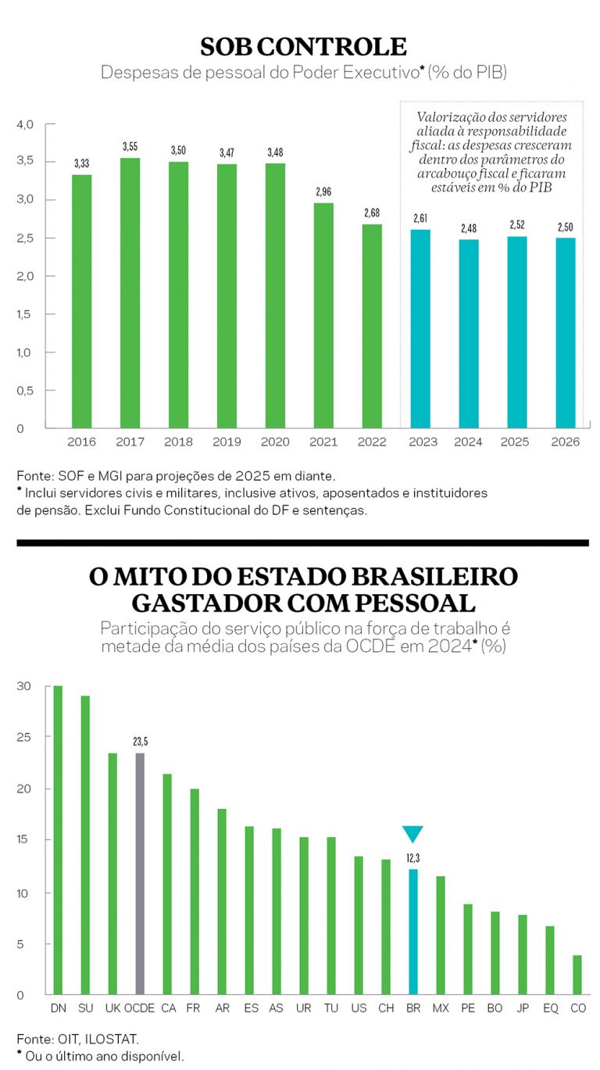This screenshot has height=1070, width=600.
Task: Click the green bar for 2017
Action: tap(130, 293)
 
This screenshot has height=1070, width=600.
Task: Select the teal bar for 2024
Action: tap(469, 334)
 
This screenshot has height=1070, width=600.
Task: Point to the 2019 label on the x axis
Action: tap(227, 442)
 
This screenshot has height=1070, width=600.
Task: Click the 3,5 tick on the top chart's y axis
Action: tap(26, 162)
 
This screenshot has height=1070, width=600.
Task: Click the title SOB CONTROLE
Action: tap(303, 46)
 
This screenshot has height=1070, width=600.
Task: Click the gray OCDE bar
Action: tap(140, 873)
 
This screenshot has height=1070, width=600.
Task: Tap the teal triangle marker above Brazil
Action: tap(412, 833)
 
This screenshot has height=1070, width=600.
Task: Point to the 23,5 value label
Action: tap(141, 741)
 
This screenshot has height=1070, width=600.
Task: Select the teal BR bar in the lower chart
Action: tap(413, 931)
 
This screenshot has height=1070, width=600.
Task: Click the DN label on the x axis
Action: tap(58, 1008)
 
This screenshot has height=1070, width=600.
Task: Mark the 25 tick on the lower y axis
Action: tap(23, 738)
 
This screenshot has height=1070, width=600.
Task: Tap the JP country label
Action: tap(523, 1008)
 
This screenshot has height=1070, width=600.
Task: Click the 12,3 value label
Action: tap(412, 857)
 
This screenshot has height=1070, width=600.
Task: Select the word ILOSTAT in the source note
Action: tap(114, 1040)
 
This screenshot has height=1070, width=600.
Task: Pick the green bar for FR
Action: tap(195, 891)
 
